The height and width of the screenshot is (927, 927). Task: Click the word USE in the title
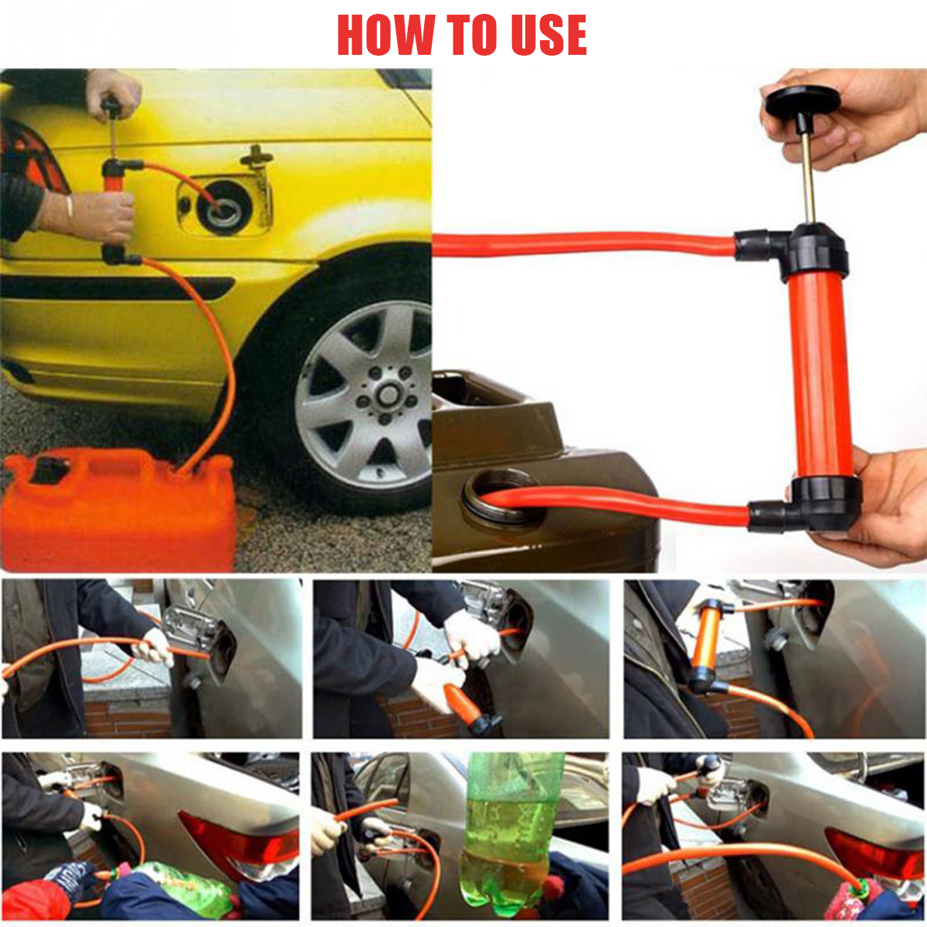point(548,35)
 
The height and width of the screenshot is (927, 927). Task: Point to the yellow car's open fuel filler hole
point(223,207)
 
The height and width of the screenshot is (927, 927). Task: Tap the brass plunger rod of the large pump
point(808,182)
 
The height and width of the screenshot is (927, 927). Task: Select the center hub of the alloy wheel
point(388,396)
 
